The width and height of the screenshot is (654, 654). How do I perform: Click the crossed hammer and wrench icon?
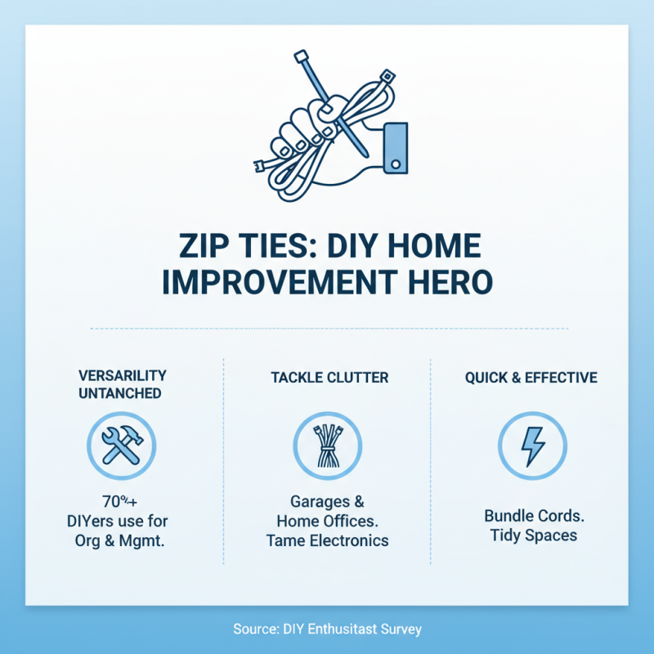pos(122,446)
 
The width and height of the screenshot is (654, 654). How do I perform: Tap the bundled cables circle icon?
pos(327,446)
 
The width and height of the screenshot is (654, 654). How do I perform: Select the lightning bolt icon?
pos(531,446)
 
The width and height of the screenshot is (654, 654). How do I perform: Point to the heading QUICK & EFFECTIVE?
pos(531,378)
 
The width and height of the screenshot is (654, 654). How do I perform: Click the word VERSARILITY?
pos(123,375)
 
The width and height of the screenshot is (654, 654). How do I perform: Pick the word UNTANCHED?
pos(123,393)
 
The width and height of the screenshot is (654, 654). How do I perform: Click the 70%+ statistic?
pos(122,500)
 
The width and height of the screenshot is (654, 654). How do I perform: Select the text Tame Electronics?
pos(327,540)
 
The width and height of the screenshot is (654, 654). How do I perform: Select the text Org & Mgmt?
pos(122,540)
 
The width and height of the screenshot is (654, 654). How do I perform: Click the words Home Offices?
pos(327,521)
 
